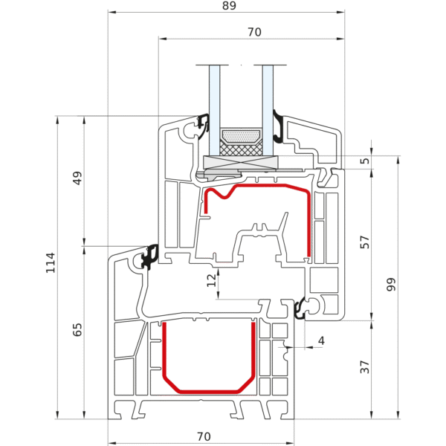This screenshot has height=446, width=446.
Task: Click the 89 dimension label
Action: click(228, 7)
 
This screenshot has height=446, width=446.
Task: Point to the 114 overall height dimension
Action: click(51, 262)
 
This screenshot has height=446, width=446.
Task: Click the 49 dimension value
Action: click(78, 178)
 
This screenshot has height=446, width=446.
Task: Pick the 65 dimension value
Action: click(78, 329)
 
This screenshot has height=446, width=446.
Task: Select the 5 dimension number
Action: click(364, 161)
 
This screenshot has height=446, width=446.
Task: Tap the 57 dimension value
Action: click(364, 242)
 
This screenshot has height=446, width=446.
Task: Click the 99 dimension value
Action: click(392, 284)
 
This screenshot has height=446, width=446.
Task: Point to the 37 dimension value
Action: click(364, 367)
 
